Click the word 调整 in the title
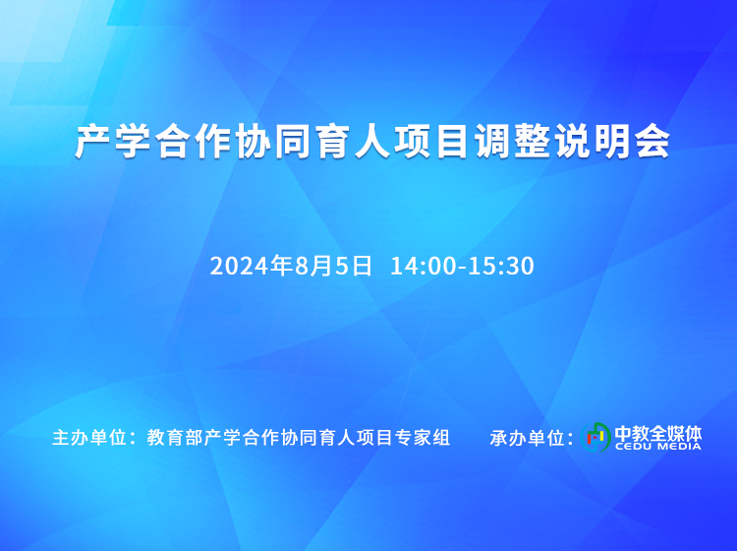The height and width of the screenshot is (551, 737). pyautogui.click(x=512, y=142)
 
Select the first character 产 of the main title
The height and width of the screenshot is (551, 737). pyautogui.click(x=93, y=142)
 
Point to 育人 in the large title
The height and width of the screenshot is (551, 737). pyautogui.click(x=351, y=142)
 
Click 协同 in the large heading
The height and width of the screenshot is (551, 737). pyautogui.click(x=273, y=142)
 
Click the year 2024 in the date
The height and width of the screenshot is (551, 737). pyautogui.click(x=240, y=266)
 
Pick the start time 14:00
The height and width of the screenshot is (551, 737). pyautogui.click(x=424, y=266)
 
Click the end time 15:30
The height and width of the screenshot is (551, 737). pyautogui.click(x=501, y=266)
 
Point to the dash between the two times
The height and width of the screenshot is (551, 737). pyautogui.click(x=463, y=268)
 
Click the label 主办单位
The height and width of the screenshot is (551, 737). pyautogui.click(x=89, y=438)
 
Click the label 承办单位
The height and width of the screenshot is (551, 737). pyautogui.click(x=527, y=438)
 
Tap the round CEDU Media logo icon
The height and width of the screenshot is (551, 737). pyautogui.click(x=595, y=437)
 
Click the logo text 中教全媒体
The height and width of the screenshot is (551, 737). pyautogui.click(x=658, y=433)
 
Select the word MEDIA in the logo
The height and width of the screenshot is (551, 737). pyautogui.click(x=680, y=446)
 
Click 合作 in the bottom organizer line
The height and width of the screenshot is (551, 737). pyautogui.click(x=260, y=438)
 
